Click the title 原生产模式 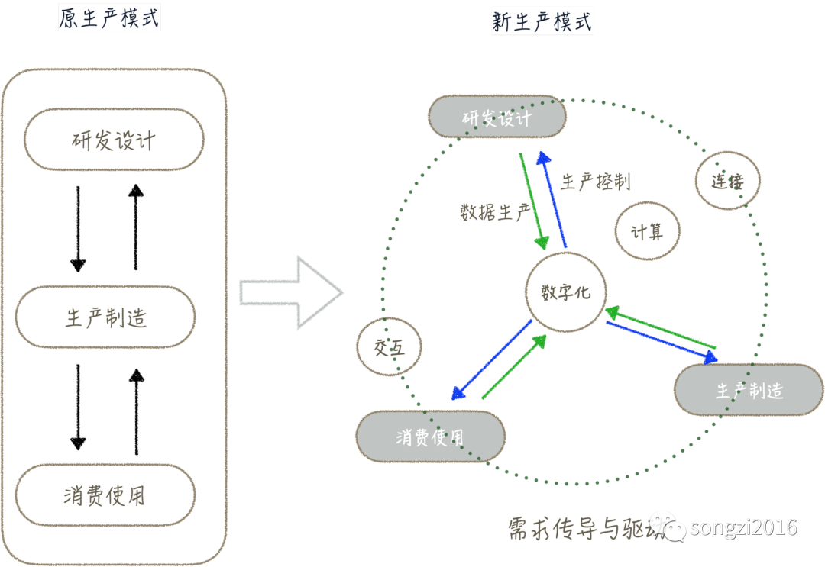click(110, 18)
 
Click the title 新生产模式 click(542, 21)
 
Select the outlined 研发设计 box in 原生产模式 click(114, 140)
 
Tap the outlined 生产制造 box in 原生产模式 click(105, 317)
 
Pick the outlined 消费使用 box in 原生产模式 click(105, 496)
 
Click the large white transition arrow click(291, 292)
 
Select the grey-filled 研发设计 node click(497, 118)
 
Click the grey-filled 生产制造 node click(749, 390)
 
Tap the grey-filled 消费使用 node click(430, 437)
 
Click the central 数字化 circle click(565, 292)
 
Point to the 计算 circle click(647, 232)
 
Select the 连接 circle click(727, 181)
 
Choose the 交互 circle click(389, 347)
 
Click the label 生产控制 click(595, 182)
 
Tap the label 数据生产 click(494, 211)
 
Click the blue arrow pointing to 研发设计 click(552, 198)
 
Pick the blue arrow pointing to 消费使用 click(491, 360)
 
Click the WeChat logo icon click(674, 528)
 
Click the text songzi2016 click(743, 527)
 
